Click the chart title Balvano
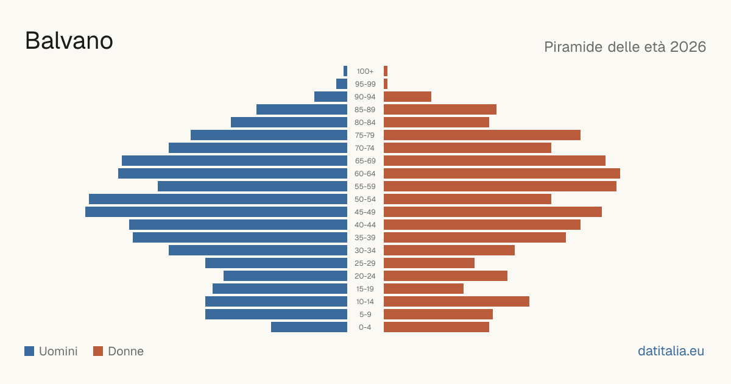(69, 41)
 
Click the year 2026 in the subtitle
(688, 47)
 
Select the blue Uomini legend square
(29, 351)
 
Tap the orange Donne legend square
(98, 351)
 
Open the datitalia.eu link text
(671, 351)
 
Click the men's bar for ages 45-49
(216, 212)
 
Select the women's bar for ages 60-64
(502, 173)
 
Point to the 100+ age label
(365, 71)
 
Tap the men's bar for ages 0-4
(309, 327)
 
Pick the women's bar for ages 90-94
(408, 97)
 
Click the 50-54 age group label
(365, 199)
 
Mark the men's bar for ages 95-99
(342, 84)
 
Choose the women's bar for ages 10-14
(456, 301)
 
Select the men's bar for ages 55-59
(252, 187)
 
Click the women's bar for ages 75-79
(482, 135)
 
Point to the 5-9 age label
(365, 315)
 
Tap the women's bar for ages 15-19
(423, 289)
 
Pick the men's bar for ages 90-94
(331, 97)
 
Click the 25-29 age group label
(365, 263)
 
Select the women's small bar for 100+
(386, 71)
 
